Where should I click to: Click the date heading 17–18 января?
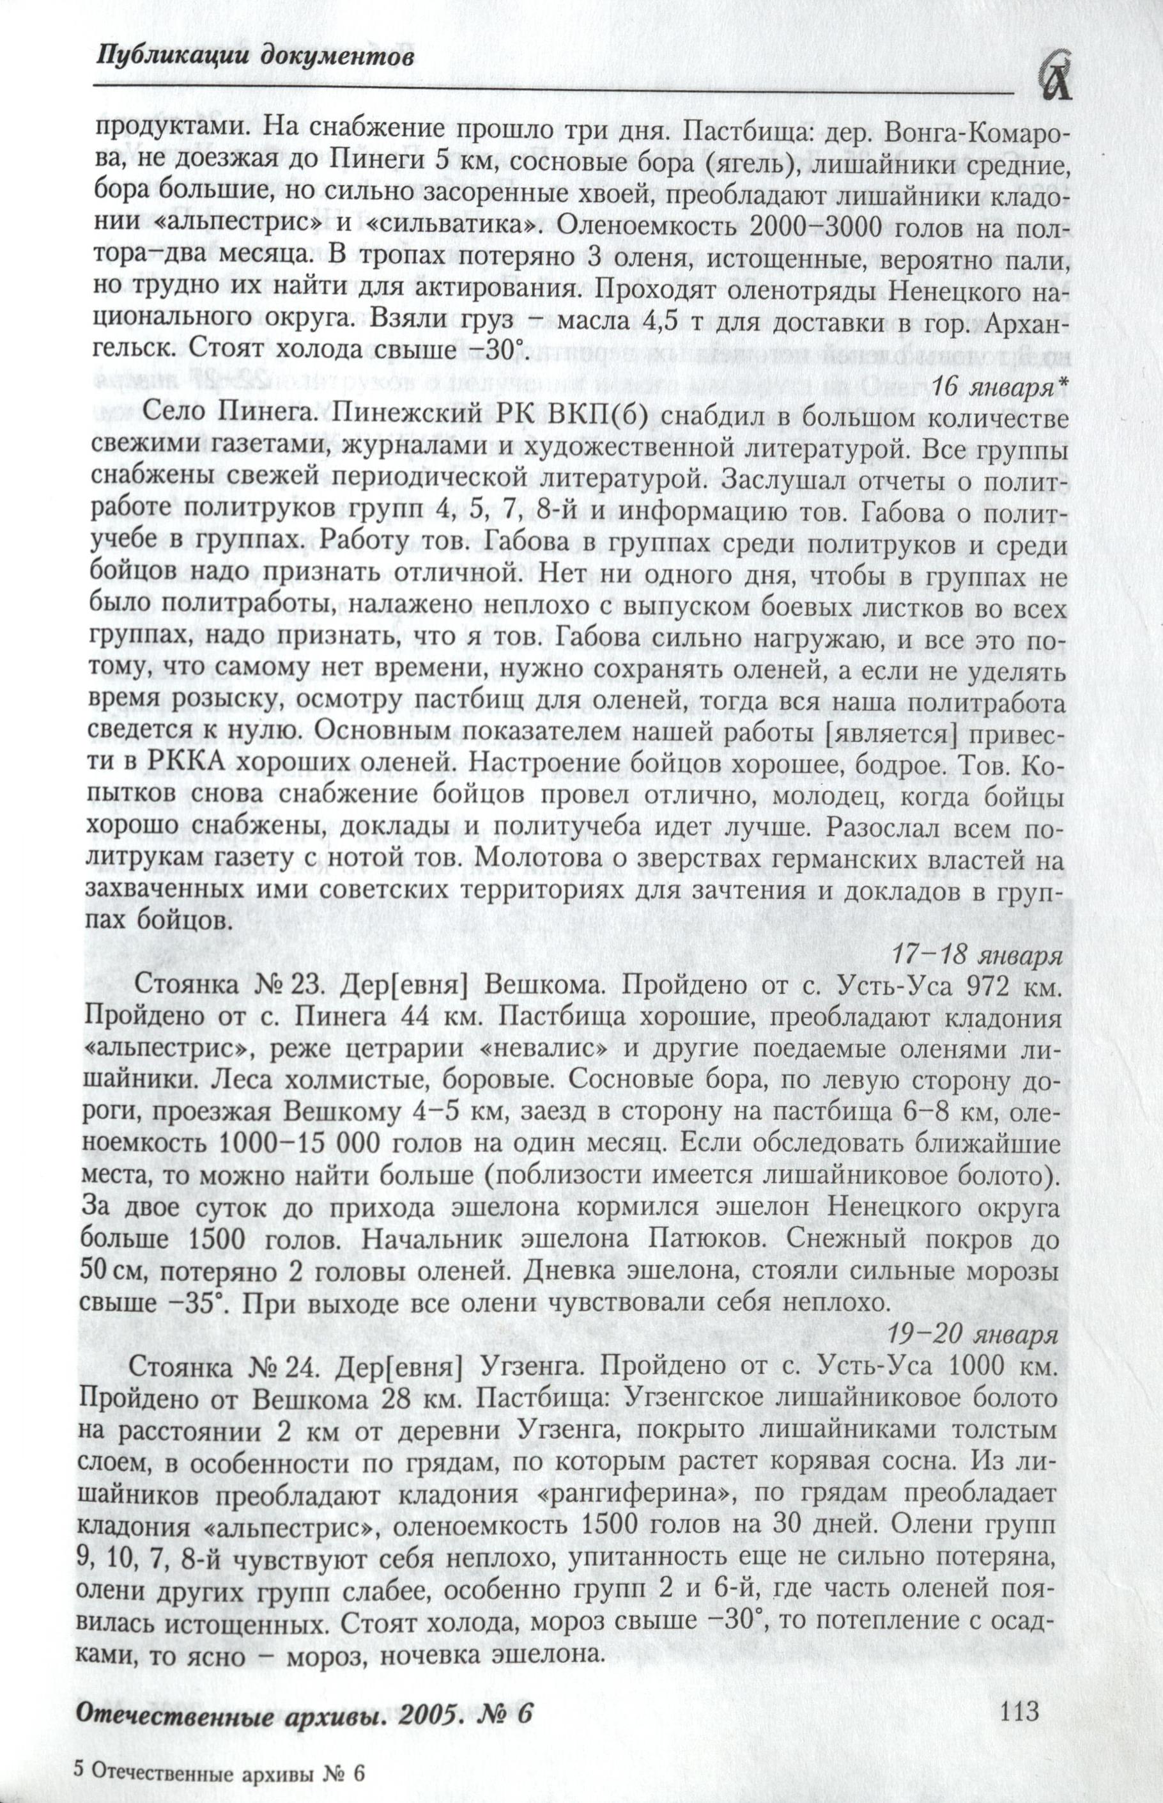pos(976,954)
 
